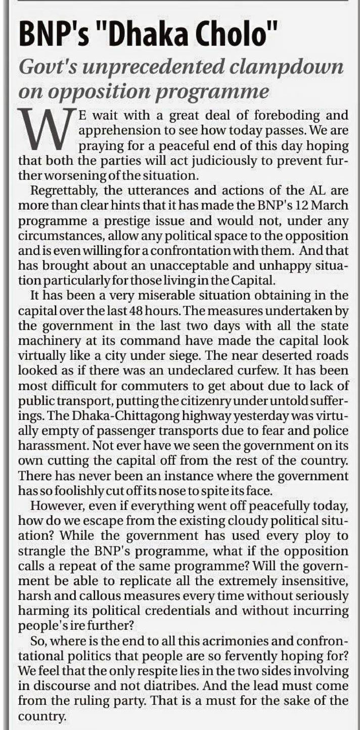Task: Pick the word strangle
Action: point(43,550)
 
